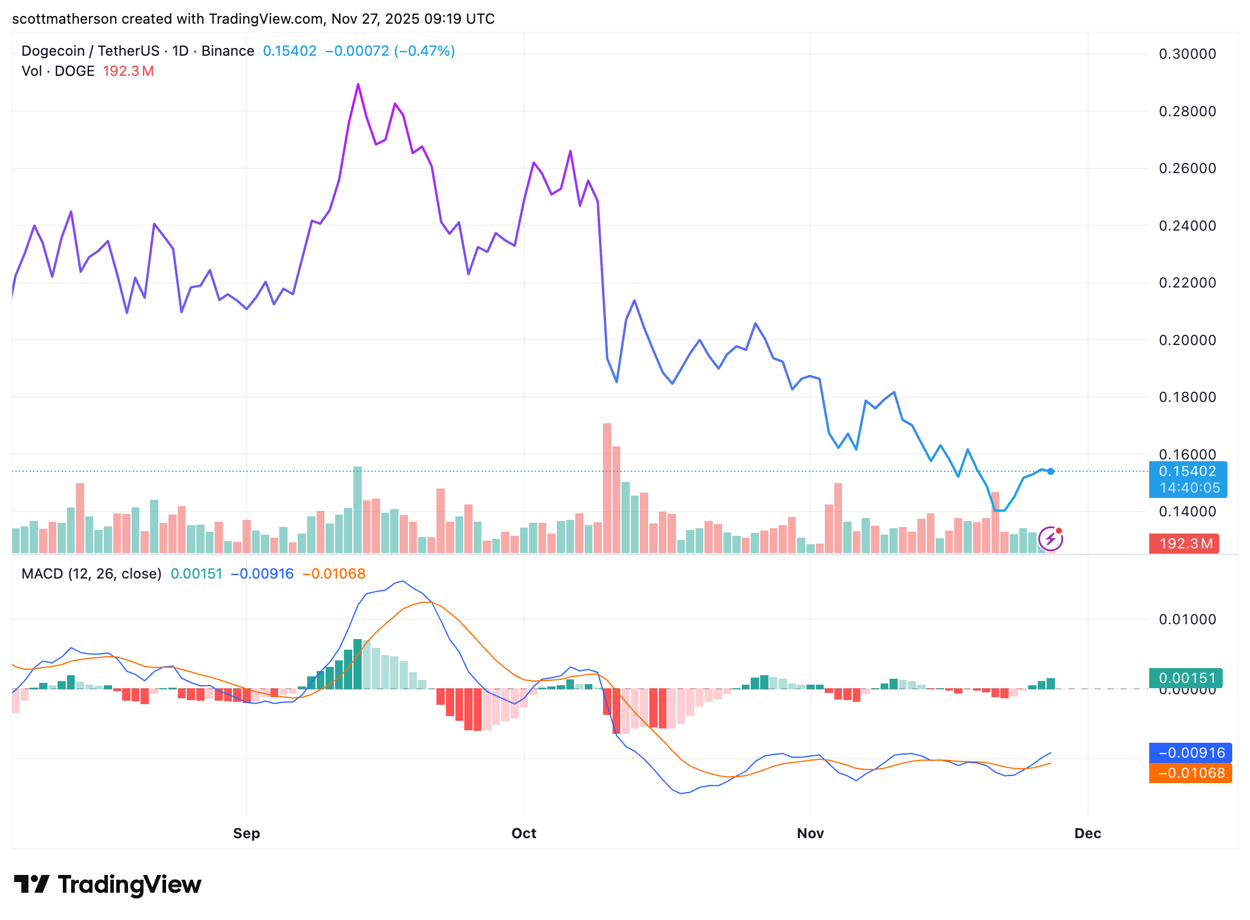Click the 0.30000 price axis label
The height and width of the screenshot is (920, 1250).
pos(1187,54)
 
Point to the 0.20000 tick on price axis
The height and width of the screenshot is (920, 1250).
pos(1187,340)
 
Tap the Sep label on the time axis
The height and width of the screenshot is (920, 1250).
pos(246,833)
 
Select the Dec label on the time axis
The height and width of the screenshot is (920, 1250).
pos(1088,833)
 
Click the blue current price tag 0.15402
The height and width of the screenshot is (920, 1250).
pos(1187,472)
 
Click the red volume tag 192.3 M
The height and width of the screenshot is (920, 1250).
pos(1184,544)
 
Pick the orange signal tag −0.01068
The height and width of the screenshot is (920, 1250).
pos(1190,773)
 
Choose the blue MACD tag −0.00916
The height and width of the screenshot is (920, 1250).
pos(1190,753)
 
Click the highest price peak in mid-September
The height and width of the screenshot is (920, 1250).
pos(358,85)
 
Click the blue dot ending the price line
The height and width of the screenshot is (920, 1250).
pos(1051,472)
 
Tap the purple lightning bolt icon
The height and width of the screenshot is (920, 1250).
pos(1050,539)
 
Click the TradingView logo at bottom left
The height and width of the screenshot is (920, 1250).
pos(107,884)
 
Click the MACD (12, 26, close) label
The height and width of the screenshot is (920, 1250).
pos(91,574)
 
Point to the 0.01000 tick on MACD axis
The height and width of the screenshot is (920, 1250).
pos(1187,619)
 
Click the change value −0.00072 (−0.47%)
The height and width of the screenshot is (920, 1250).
pos(390,51)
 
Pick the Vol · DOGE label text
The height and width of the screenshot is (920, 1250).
pos(58,71)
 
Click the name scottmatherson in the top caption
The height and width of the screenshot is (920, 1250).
pos(64,19)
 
